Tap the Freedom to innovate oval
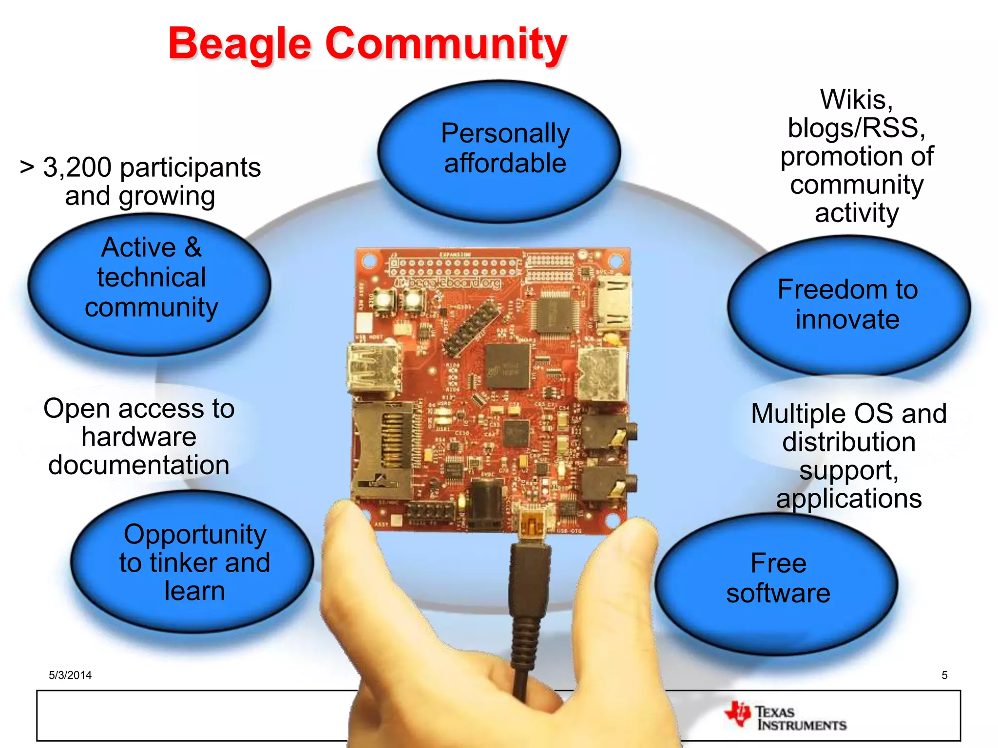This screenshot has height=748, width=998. click(x=848, y=305)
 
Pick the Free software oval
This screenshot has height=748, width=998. click(x=778, y=580)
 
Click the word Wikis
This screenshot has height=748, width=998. click(x=856, y=100)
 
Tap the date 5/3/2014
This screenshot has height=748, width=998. click(x=70, y=675)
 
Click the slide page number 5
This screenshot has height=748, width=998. click(x=944, y=675)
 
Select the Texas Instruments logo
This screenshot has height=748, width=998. click(x=786, y=717)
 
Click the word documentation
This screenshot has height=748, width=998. click(x=139, y=465)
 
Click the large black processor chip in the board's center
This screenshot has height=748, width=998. click(x=507, y=366)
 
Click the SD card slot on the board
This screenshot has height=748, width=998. click(x=380, y=450)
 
